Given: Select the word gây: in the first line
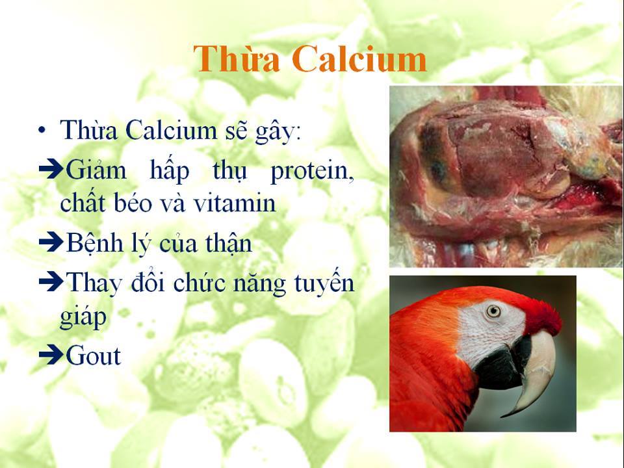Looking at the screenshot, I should (279, 131).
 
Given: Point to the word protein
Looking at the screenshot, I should (312, 172).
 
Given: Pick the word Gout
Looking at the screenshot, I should (94, 356).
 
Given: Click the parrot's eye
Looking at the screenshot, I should (493, 311).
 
